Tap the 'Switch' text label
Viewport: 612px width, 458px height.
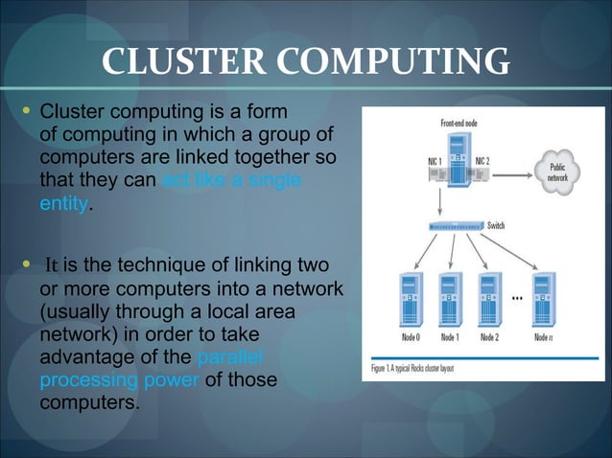(496, 226)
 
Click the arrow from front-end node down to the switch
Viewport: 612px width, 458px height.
(439, 200)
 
